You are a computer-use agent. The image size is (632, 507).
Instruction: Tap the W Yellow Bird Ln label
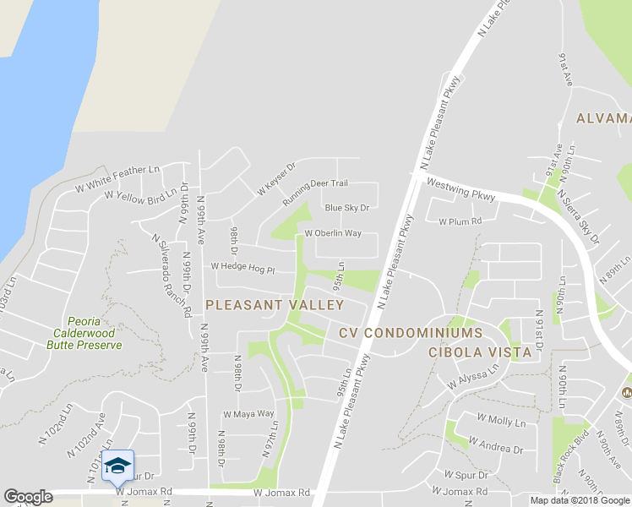tap(141, 194)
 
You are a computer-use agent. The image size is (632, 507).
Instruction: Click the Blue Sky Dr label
tap(347, 208)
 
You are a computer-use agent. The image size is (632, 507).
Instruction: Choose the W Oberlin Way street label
tap(333, 233)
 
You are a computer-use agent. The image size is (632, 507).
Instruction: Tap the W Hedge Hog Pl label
tap(243, 267)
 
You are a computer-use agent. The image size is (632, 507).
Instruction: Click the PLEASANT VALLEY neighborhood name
tap(275, 304)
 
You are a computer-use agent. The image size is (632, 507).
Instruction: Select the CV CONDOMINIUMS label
tap(411, 333)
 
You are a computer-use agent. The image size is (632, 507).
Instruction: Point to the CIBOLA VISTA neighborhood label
tap(480, 352)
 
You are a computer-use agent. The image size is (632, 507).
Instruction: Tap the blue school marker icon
tap(117, 465)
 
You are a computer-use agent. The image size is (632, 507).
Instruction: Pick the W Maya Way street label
tap(248, 414)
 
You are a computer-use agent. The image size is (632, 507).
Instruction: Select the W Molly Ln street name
tap(501, 420)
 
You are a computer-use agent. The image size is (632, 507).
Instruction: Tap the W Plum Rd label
tap(460, 221)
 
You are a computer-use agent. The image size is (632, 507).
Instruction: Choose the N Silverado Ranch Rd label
tap(172, 275)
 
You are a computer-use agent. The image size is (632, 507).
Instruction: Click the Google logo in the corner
tap(28, 497)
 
